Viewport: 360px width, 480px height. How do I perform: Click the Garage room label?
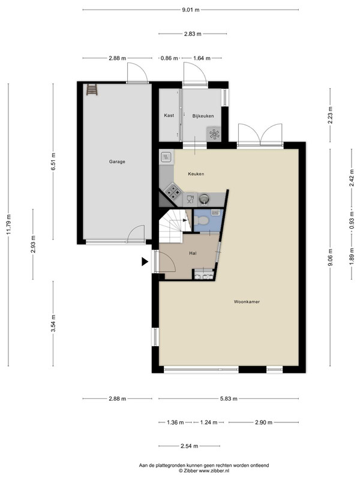pyautogui.click(x=117, y=161)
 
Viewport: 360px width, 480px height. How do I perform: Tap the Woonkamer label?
pyautogui.click(x=247, y=302)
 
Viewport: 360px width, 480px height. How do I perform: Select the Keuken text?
pyautogui.click(x=196, y=174)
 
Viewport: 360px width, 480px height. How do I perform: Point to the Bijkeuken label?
pyautogui.click(x=203, y=116)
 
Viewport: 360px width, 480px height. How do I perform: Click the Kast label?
pyautogui.click(x=169, y=115)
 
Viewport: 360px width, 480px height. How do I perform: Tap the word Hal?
pyautogui.click(x=193, y=253)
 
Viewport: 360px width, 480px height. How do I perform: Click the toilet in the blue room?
pyautogui.click(x=202, y=220)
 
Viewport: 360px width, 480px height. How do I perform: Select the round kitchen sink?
pyautogui.click(x=204, y=199)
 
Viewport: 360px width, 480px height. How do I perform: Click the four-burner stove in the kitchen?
pyautogui.click(x=173, y=191)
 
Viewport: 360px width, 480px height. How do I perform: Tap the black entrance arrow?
pyautogui.click(x=145, y=262)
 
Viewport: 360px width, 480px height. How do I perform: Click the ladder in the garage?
pyautogui.click(x=92, y=89)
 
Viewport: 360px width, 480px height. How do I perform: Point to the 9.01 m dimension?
pyautogui.click(x=191, y=10)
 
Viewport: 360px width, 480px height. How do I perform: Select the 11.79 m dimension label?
pyautogui.click(x=8, y=224)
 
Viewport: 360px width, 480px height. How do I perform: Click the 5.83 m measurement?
pyautogui.click(x=229, y=398)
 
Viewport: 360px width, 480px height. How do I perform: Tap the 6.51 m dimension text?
pyautogui.click(x=53, y=161)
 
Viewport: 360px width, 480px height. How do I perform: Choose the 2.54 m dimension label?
pyautogui.click(x=189, y=446)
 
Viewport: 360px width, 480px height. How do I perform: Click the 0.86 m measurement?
pyautogui.click(x=169, y=58)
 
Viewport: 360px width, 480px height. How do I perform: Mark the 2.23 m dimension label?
pyautogui.click(x=330, y=115)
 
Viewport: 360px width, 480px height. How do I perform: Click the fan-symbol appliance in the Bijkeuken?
pyautogui.click(x=214, y=134)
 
